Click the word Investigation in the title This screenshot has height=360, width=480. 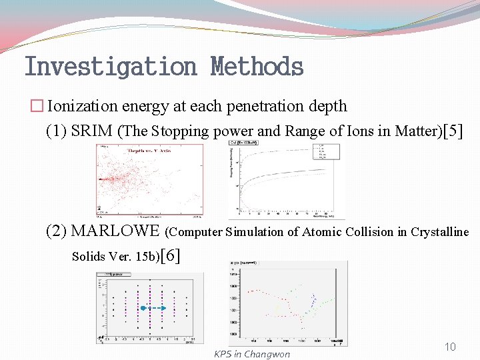[x=110, y=67]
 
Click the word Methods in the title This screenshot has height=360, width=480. [x=257, y=67]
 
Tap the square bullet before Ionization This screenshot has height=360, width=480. [x=38, y=107]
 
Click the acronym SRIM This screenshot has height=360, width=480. [x=91, y=131]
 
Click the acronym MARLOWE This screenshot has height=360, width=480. [x=115, y=231]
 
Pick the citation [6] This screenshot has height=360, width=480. [x=170, y=255]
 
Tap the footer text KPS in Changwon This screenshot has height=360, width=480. [x=252, y=354]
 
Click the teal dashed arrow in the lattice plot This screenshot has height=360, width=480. [x=155, y=308]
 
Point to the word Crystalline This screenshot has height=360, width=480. [x=439, y=232]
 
